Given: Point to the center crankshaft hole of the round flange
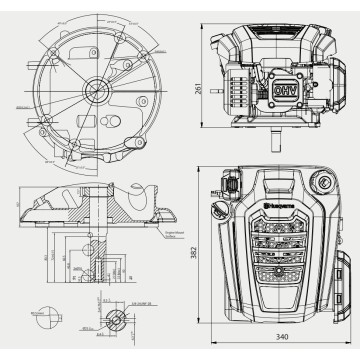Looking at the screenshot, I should [x=101, y=91].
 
